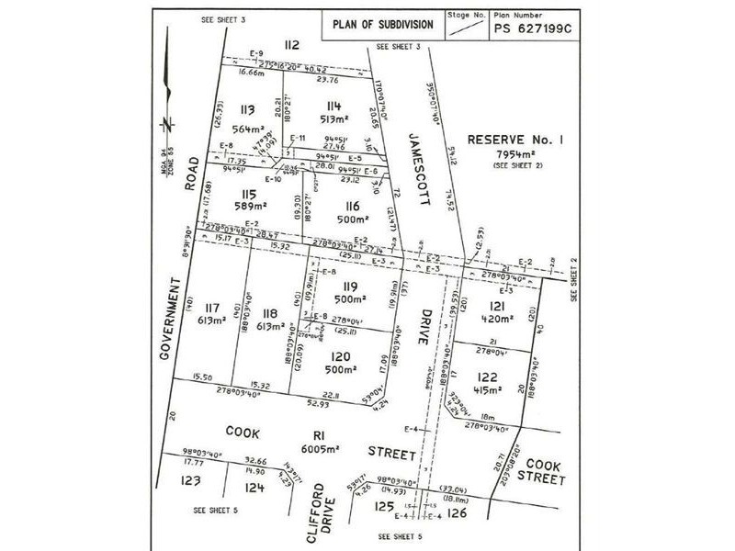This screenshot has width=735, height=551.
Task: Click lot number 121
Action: coord(497,304)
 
